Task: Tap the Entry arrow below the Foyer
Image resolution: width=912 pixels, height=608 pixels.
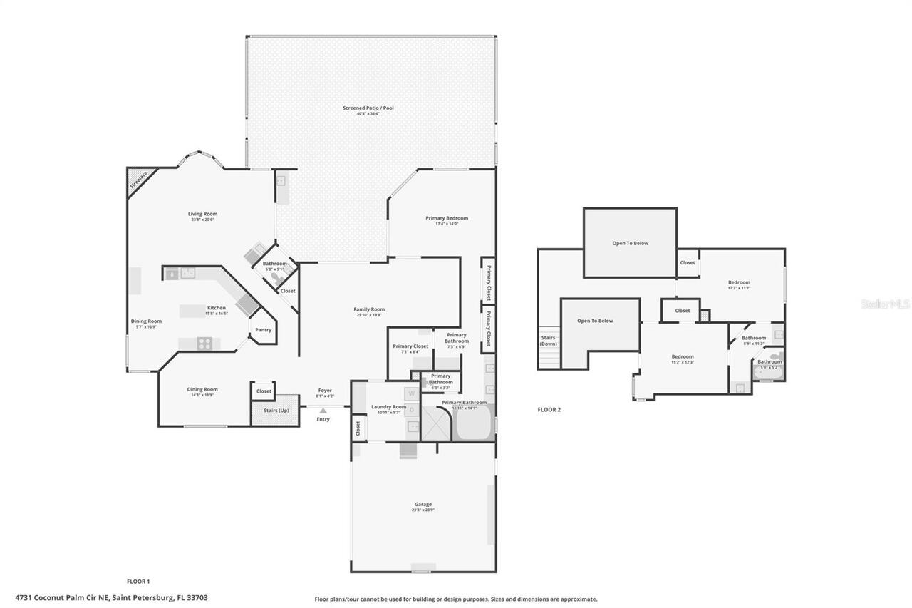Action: click(323, 411)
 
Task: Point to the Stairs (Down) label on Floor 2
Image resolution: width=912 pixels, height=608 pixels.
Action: click(549, 341)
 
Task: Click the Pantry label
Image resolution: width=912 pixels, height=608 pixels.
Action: click(263, 330)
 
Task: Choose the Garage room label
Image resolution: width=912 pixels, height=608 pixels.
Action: click(423, 504)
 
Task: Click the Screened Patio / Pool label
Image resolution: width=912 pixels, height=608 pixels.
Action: click(368, 108)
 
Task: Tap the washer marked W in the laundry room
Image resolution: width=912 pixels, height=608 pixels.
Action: click(411, 393)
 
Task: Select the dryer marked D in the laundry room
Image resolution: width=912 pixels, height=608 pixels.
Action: click(411, 409)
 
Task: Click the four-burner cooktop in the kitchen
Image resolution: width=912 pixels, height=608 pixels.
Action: click(204, 344)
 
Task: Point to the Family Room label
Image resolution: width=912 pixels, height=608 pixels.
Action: click(369, 309)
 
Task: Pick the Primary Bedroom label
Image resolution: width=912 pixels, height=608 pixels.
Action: click(447, 218)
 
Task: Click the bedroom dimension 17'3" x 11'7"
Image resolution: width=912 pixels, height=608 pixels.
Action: click(739, 288)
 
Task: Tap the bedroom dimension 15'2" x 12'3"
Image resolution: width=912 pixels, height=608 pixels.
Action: click(682, 362)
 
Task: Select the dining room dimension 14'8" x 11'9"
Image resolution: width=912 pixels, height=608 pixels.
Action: click(202, 395)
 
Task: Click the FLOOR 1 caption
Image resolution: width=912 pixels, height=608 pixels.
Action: click(138, 581)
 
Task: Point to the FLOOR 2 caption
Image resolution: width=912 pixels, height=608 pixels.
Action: click(549, 410)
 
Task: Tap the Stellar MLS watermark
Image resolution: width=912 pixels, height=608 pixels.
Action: click(885, 304)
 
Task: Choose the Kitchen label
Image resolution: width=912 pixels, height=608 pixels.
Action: click(216, 308)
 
